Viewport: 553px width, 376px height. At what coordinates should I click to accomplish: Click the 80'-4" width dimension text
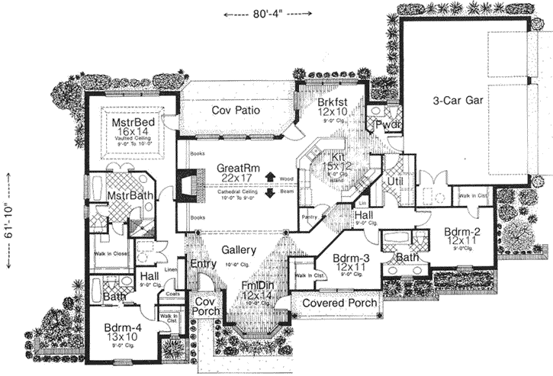pyautogui.click(x=267, y=14)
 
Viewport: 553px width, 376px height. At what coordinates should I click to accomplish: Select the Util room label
pyautogui.click(x=394, y=182)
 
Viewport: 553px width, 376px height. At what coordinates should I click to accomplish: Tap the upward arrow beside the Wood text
pyautogui.click(x=270, y=178)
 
